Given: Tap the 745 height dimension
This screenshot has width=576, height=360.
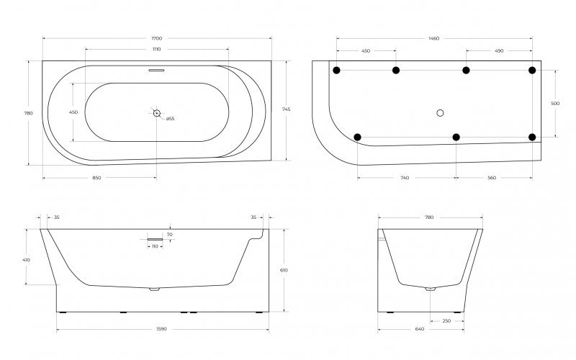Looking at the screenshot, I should tap(287, 109).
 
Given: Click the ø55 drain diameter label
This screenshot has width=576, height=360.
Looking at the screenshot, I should tap(171, 119).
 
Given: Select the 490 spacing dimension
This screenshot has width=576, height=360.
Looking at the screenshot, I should tap(499, 51).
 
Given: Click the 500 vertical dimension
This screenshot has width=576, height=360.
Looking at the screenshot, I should tap(554, 104).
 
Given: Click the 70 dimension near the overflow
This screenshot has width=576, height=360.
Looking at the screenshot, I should tap(170, 234).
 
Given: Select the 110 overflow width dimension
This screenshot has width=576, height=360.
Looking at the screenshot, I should tap(155, 246).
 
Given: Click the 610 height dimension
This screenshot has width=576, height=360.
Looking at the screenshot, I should tap(284, 270).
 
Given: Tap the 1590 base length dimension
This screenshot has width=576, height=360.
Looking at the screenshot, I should tap(161, 329).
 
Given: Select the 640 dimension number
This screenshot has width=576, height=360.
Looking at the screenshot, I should tap(420, 329).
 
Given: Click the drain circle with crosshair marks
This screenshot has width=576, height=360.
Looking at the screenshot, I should tap(157, 112).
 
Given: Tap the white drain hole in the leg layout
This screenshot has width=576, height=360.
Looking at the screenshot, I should tap(441, 112).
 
